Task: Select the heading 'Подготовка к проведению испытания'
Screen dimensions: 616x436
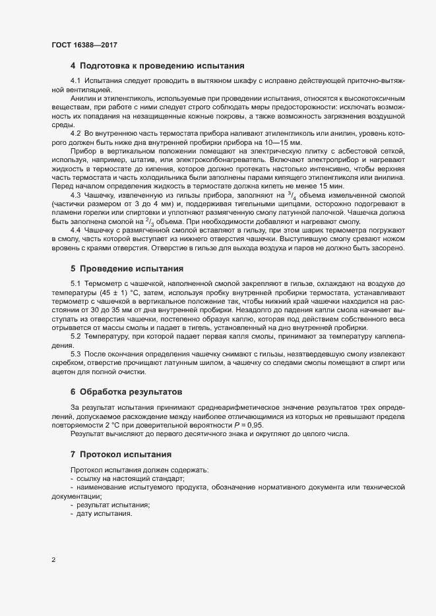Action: pyautogui.click(x=162, y=66)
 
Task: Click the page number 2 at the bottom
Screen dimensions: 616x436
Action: pyautogui.click(x=53, y=561)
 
